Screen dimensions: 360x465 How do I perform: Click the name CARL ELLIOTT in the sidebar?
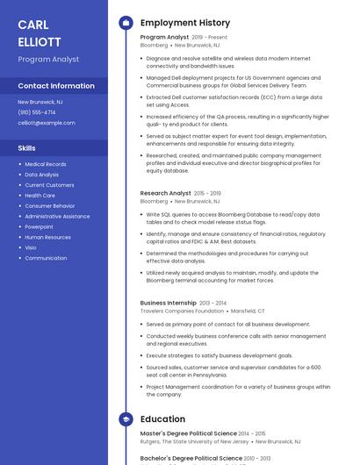[40, 33]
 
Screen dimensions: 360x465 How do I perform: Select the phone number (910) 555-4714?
[37, 112]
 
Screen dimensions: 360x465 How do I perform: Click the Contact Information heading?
[56, 86]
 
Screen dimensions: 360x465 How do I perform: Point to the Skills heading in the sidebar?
[27, 148]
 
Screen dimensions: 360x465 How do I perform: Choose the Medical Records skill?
[46, 164]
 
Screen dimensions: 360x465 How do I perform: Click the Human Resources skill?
[48, 237]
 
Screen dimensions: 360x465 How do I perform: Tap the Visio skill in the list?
[31, 247]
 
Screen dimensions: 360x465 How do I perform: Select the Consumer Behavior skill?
[50, 205]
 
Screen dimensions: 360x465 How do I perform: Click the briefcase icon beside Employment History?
[126, 23]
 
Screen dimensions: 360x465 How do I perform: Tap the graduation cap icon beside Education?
[126, 419]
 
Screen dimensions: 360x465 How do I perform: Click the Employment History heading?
[185, 23]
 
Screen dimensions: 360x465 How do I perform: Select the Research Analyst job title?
[165, 193]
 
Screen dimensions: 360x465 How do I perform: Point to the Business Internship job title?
[168, 303]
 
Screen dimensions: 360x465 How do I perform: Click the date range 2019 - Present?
[209, 38]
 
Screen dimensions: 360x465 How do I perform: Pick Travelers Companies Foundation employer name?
[182, 311]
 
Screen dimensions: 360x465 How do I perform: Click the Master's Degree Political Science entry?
[188, 433]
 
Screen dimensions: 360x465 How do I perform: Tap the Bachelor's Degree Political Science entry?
[191, 458]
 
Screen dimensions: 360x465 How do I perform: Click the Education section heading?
[162, 419]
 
